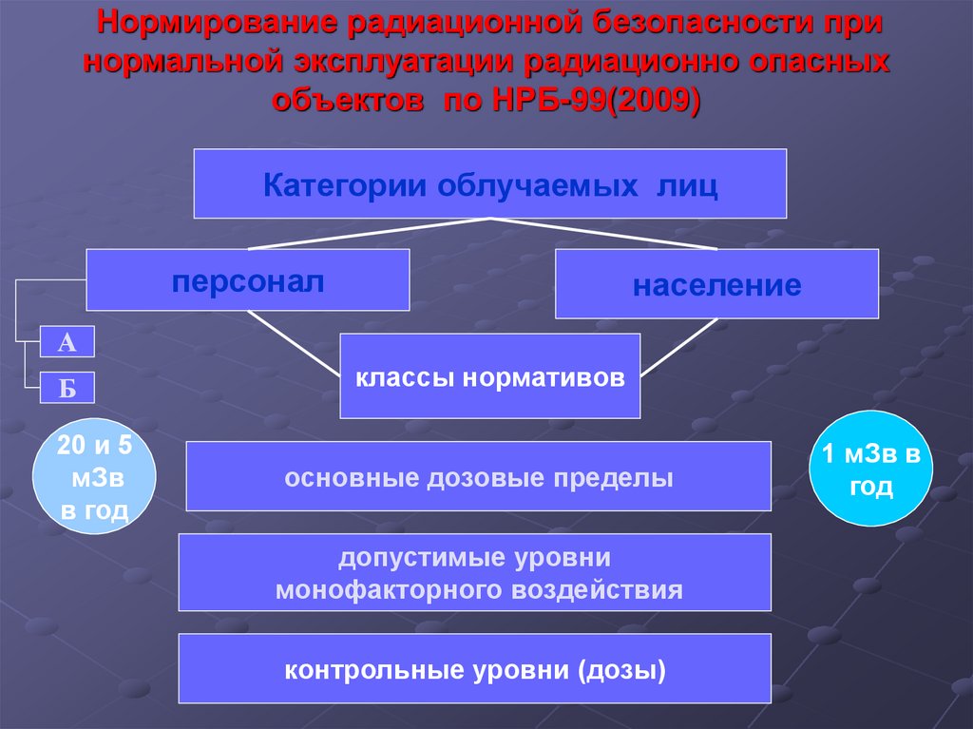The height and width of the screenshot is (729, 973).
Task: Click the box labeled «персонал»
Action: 247,280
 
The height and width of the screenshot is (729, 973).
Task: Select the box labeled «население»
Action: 716,284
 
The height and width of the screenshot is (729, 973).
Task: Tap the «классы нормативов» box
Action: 489,376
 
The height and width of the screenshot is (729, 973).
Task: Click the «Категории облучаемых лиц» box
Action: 489,183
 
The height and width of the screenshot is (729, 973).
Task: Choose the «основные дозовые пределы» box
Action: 478,476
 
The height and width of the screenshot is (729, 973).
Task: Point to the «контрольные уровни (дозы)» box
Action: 474,669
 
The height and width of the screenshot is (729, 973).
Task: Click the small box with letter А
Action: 67,342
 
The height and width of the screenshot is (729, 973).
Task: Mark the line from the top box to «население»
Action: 603,234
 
